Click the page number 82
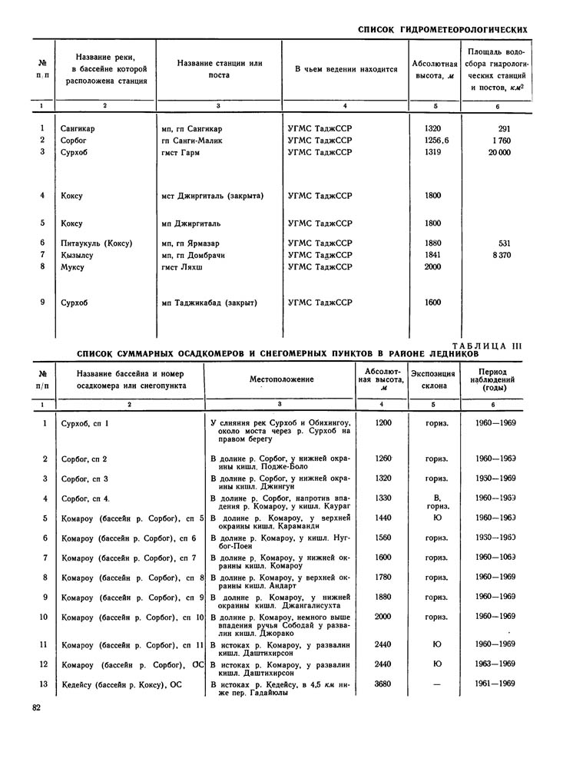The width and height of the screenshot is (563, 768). pos(36,707)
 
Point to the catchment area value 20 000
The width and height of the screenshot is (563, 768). pos(498,152)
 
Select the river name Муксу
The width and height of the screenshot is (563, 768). pos(73,266)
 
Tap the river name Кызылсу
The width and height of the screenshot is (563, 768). pos(78,255)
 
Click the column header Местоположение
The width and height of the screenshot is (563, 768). pos(281,379)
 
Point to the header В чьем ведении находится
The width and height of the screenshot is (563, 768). pos(346,69)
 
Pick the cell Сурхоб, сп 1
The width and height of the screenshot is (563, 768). pos(85,423)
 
